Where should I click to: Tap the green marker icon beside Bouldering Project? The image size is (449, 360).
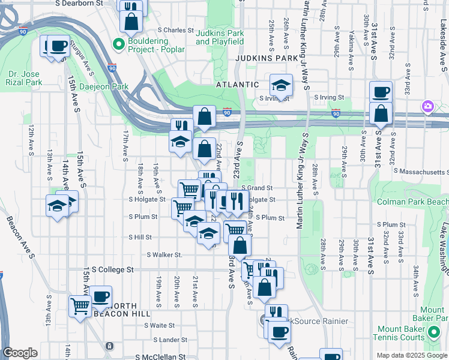click(x=118, y=43)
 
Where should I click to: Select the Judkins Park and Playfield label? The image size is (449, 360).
click(x=220, y=37)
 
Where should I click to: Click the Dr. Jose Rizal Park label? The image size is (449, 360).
click(x=25, y=78)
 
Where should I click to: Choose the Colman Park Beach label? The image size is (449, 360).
click(x=412, y=202)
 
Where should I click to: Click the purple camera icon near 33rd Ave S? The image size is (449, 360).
click(x=427, y=107)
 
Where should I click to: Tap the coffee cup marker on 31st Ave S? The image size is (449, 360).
click(x=381, y=92)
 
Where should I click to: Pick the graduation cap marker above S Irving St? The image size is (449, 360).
click(x=280, y=85)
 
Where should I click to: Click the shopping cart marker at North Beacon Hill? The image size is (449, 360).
click(x=80, y=306)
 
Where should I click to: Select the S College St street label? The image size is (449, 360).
click(x=113, y=270)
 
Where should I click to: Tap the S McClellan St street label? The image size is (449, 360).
click(x=157, y=356)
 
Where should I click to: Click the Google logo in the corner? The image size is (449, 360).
click(x=20, y=353)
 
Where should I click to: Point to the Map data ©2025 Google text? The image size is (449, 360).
click(x=412, y=355)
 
